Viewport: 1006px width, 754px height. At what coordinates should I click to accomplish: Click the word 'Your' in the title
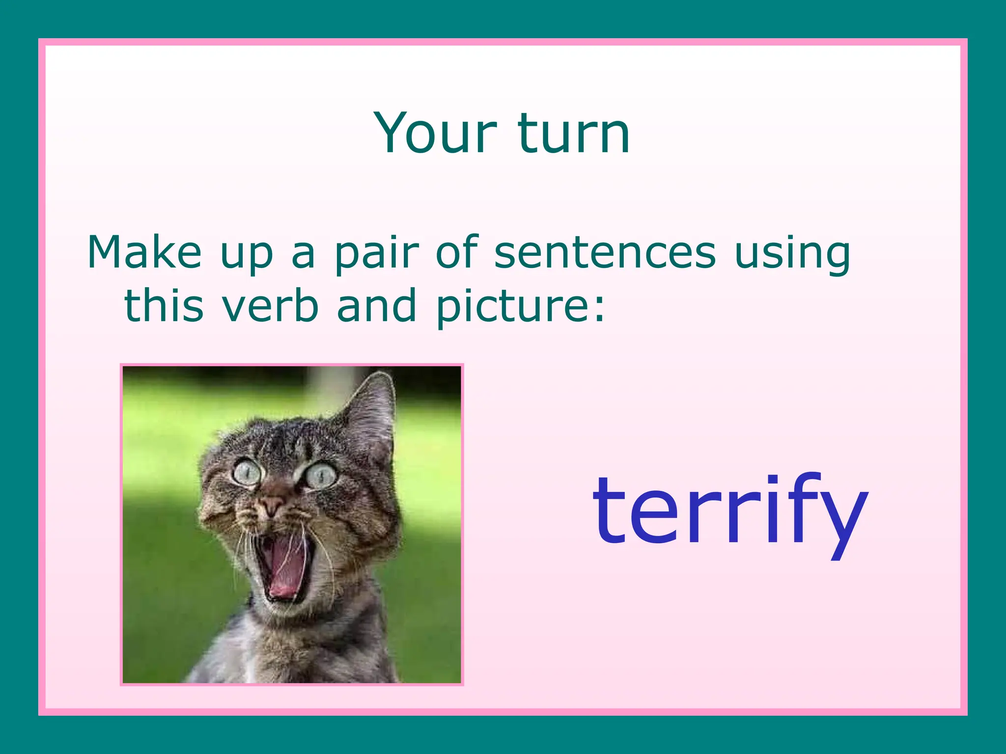coord(435,134)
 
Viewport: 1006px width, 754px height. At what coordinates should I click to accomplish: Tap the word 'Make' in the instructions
coord(144,252)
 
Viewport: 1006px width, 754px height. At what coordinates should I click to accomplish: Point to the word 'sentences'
coord(605,252)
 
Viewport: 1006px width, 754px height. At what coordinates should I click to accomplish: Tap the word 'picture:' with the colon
coord(521,308)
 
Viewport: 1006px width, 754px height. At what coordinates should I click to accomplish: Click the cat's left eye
coord(247,473)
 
